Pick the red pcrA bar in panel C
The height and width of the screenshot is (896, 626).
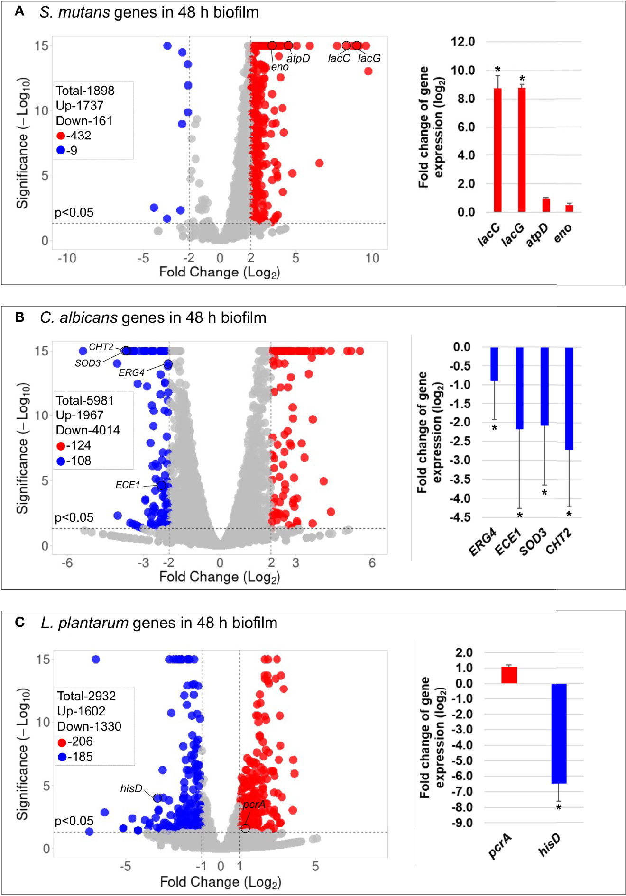click(509, 675)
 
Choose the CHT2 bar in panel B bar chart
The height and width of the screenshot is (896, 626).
click(569, 398)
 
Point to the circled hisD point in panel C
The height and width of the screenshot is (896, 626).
click(158, 798)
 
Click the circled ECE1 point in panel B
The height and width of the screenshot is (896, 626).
click(162, 486)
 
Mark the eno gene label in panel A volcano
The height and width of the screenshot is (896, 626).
click(280, 67)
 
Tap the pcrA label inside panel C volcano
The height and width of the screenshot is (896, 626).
click(254, 805)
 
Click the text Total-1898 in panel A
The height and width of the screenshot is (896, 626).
click(85, 91)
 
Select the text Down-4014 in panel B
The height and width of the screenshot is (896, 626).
click(88, 430)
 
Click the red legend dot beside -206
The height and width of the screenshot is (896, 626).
click(62, 742)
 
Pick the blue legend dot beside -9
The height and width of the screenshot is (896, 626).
click(61, 151)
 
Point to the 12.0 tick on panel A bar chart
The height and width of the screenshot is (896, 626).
click(462, 42)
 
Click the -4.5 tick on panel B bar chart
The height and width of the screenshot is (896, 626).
click(460, 517)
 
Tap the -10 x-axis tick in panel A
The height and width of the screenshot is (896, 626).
click(67, 258)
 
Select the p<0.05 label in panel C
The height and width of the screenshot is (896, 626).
click(74, 821)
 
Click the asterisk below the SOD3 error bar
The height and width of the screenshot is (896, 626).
click(544, 493)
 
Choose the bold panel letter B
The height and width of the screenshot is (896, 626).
click(19, 317)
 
